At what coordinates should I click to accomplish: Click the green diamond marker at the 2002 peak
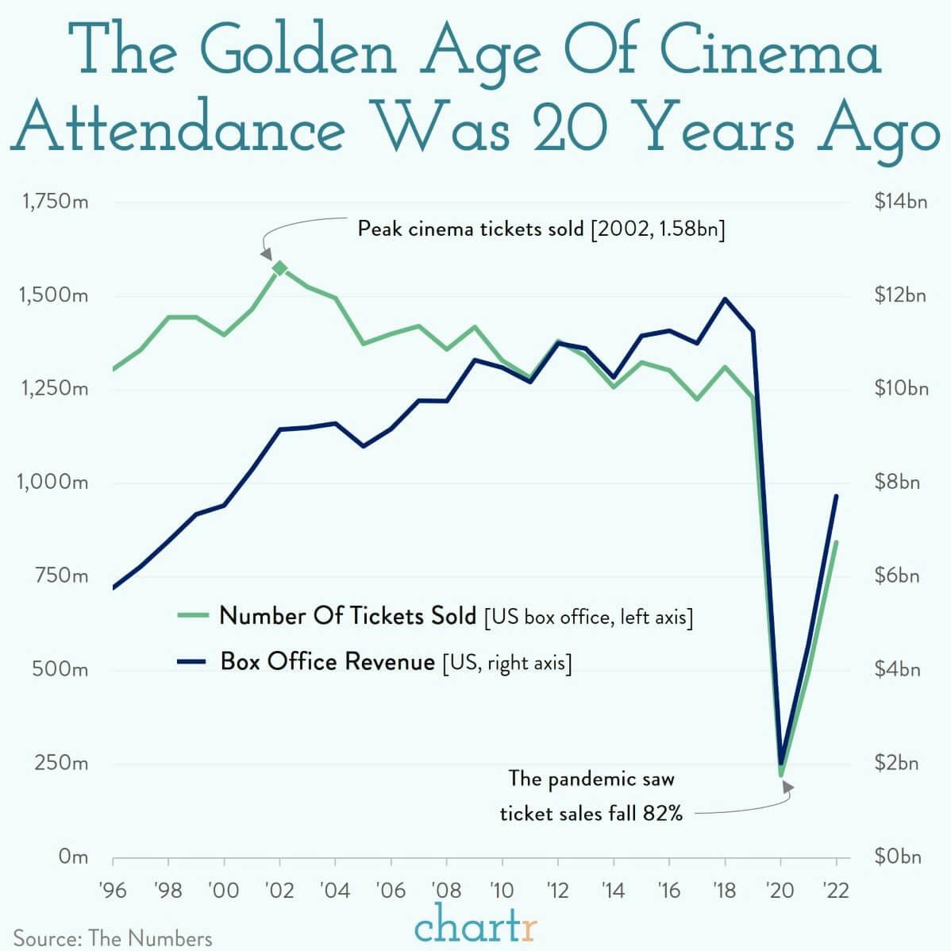279,268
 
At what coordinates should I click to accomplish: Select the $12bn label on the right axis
900,296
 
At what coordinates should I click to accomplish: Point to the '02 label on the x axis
279,891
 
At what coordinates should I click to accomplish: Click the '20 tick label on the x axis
780,891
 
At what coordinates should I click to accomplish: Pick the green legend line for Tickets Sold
193,615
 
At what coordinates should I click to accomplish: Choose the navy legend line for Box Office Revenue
193,661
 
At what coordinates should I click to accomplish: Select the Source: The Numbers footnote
113,938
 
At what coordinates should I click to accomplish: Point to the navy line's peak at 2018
724,298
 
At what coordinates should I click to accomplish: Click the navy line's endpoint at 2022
836,496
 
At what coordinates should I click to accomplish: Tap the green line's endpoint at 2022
836,542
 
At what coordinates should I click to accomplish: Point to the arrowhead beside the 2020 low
787,787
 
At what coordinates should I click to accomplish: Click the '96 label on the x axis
113,891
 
